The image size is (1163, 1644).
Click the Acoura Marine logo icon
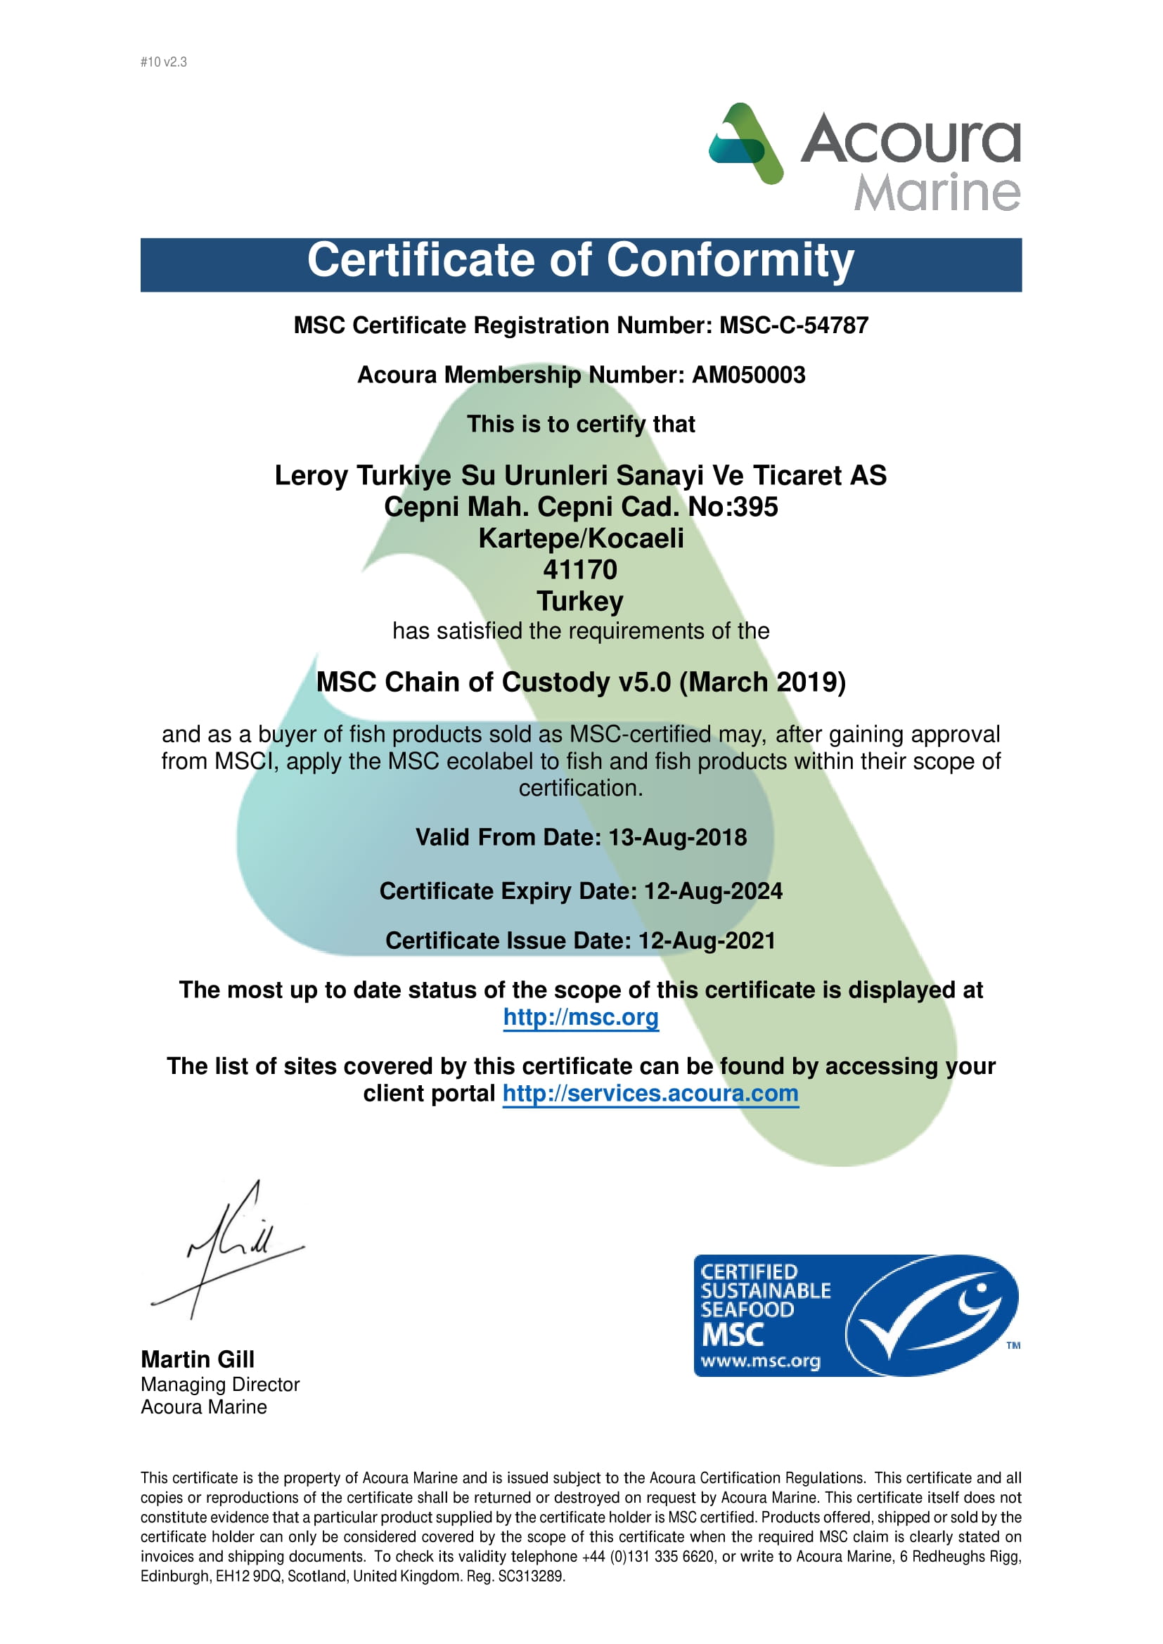coord(745,143)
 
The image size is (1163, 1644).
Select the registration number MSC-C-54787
coord(793,326)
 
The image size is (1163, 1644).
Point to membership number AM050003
coord(748,375)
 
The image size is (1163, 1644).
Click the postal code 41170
coord(580,570)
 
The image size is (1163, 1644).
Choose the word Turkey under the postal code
coord(580,602)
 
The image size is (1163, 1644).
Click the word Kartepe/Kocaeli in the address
coord(581,538)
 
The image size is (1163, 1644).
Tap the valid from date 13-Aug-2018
coord(677,838)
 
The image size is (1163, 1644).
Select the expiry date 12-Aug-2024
coord(713,891)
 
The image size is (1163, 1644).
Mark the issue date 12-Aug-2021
coord(707,941)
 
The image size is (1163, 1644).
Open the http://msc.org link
coord(581,1018)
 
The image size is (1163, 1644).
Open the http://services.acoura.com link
coord(650,1094)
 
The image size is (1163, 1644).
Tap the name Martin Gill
coord(198,1360)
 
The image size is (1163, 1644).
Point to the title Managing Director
coord(220,1385)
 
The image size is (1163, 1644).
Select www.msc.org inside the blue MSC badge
coord(760,1361)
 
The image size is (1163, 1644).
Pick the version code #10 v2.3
coord(163,63)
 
